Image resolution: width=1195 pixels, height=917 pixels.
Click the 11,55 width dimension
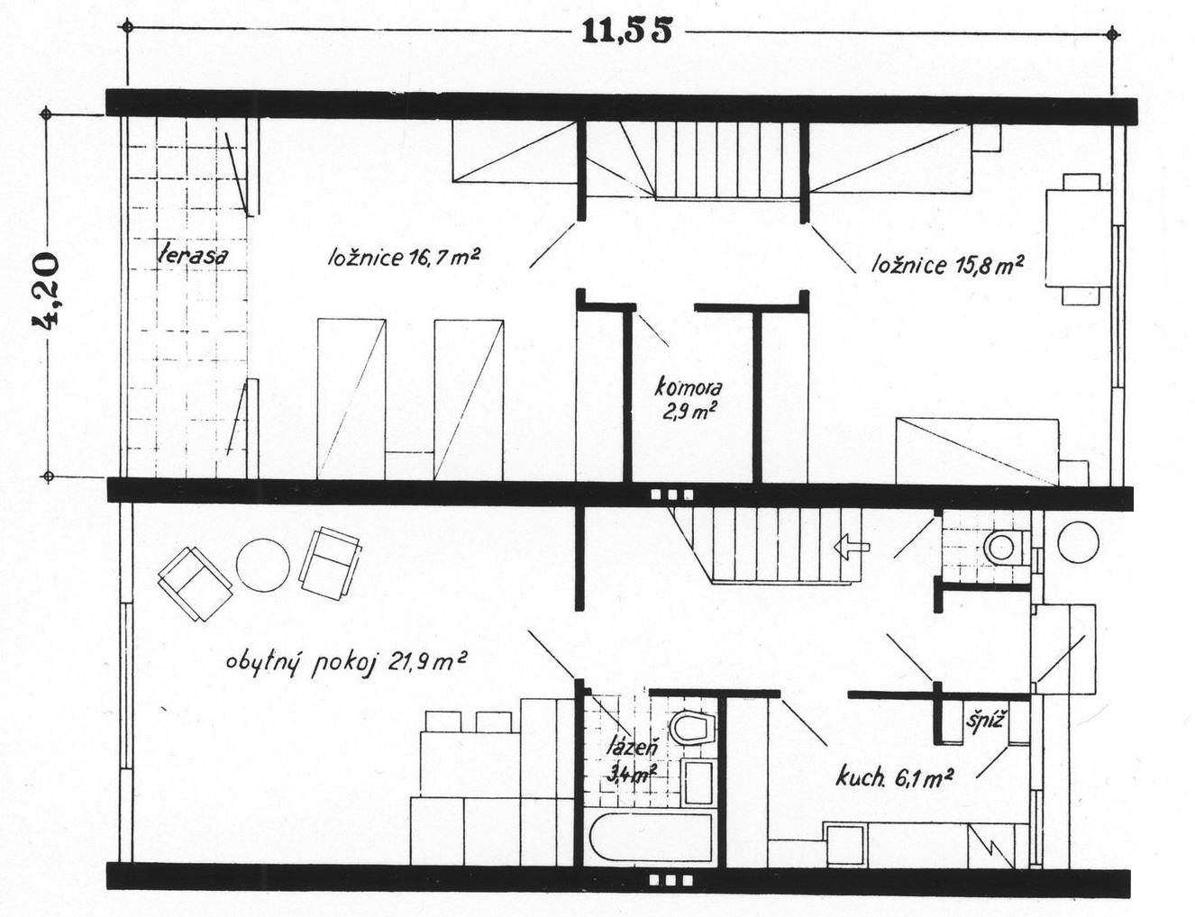(626, 32)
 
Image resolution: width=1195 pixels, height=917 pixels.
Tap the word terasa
(192, 255)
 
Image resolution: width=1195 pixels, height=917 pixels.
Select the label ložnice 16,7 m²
(403, 258)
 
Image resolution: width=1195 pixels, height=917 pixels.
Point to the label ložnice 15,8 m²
(946, 265)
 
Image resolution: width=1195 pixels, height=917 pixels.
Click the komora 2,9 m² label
(689, 399)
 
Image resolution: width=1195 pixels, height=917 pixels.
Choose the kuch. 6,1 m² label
(894, 776)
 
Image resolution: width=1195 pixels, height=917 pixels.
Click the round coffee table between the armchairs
(263, 564)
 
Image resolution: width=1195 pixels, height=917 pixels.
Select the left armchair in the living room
(194, 584)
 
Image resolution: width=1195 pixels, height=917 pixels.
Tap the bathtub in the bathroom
(652, 840)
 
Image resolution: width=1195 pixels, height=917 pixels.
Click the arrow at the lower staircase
(850, 545)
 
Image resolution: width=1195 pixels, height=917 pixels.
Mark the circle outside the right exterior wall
(1078, 541)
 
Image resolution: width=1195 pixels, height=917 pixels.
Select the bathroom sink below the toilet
(697, 780)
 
